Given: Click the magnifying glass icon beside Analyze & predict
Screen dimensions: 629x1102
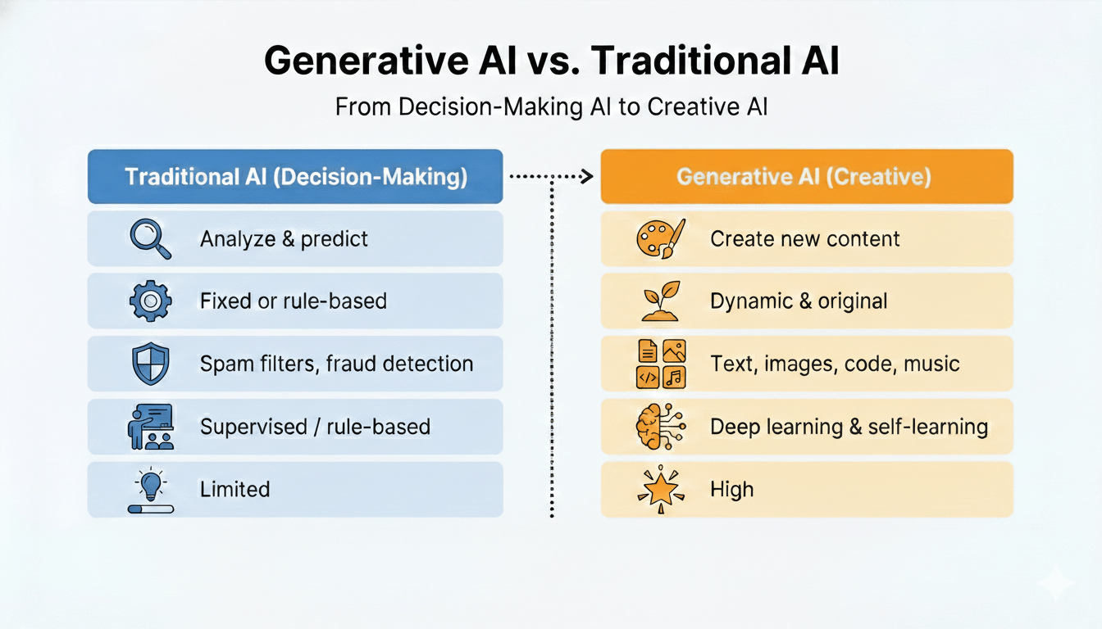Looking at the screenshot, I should [x=150, y=239].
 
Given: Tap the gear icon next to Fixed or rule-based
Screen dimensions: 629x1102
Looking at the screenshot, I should [x=150, y=301].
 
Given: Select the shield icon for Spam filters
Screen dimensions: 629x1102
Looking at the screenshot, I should [x=150, y=364].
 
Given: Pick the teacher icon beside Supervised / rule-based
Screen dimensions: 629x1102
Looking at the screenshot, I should [x=151, y=427].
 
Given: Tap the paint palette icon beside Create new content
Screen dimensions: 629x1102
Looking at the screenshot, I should [x=661, y=239].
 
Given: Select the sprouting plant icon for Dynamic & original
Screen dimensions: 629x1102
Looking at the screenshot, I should [x=661, y=301].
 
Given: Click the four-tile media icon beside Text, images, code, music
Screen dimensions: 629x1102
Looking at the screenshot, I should [x=661, y=364].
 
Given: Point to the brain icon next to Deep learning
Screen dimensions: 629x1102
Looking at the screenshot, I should [x=661, y=427].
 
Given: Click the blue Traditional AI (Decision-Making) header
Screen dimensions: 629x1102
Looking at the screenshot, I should [x=295, y=177].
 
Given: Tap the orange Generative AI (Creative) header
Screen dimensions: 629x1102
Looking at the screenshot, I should [x=806, y=177].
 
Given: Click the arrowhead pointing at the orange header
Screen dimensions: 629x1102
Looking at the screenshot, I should [x=585, y=176].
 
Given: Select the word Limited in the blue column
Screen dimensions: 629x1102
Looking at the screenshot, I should [x=235, y=490].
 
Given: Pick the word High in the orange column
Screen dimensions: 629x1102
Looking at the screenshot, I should [x=731, y=490].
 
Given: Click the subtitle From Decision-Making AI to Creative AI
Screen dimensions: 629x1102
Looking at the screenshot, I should [x=551, y=107].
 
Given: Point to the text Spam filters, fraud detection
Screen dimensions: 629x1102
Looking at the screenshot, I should [x=336, y=364].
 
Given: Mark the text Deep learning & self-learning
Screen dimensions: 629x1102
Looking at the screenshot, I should [x=849, y=427].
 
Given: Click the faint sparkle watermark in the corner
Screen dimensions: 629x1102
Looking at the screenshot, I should [x=1054, y=584].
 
